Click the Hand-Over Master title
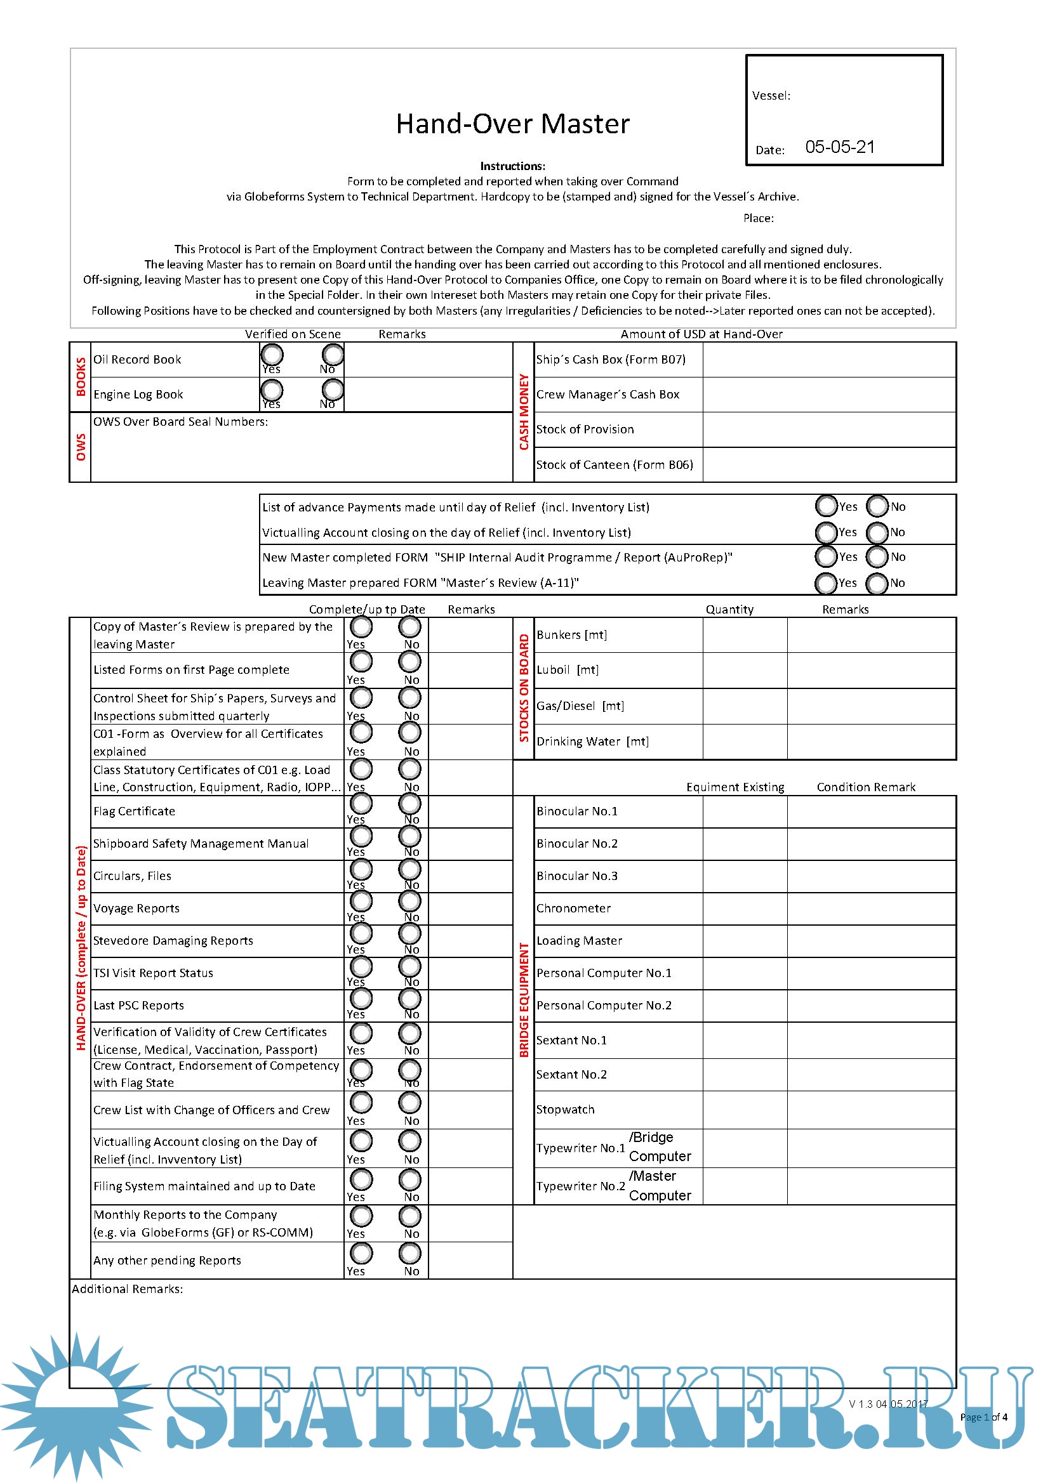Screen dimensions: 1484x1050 (512, 124)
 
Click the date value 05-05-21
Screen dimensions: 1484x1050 (839, 147)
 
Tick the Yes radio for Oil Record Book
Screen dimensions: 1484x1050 (272, 354)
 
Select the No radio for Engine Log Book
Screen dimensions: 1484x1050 (333, 390)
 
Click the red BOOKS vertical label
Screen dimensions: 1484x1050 (81, 377)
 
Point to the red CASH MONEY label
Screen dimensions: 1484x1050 (524, 412)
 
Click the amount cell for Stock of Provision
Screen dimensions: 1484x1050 (828, 430)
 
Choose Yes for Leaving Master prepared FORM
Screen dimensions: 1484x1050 (826, 583)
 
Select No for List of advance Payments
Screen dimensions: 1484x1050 (877, 506)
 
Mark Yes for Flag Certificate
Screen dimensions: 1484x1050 (361, 804)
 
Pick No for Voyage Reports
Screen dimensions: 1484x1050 (410, 901)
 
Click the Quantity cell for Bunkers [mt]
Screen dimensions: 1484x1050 (744, 635)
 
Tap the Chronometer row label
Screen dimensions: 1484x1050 (573, 909)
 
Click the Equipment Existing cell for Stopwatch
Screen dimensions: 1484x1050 (744, 1110)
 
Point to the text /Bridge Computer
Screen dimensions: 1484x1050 (660, 1146)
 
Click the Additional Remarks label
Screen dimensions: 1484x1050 (128, 1289)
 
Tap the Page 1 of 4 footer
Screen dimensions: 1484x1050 (983, 1417)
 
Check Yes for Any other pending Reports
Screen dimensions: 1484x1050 (361, 1253)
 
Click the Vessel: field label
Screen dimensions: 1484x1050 (771, 96)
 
